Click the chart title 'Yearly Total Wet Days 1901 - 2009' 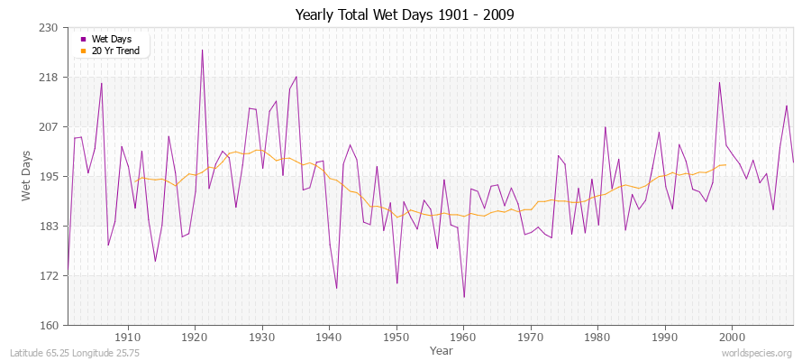click(x=405, y=15)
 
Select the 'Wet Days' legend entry click(x=111, y=40)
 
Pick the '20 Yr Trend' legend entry click(x=115, y=51)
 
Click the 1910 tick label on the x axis click(x=128, y=337)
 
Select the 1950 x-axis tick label click(x=396, y=337)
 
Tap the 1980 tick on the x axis click(x=597, y=337)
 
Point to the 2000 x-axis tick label click(x=732, y=337)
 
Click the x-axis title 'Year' click(x=442, y=350)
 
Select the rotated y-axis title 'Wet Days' click(x=27, y=177)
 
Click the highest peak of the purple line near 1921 click(x=202, y=50)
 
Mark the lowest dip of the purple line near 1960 click(x=464, y=297)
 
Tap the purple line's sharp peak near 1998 click(x=719, y=83)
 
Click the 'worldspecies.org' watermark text click(x=757, y=353)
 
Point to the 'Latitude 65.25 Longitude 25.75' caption click(x=81, y=353)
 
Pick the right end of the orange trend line click(x=725, y=164)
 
